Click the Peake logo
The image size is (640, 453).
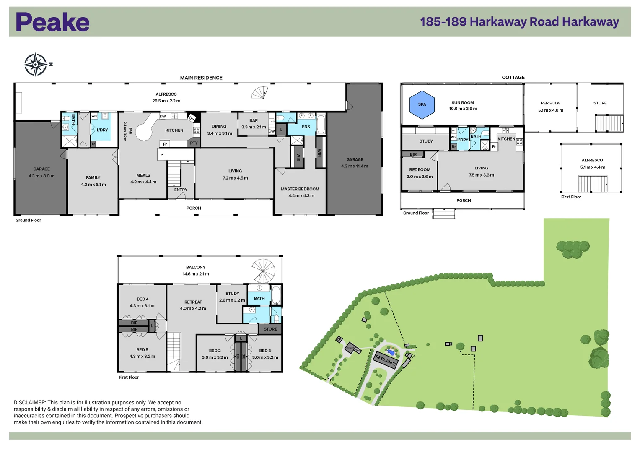click(x=52, y=22)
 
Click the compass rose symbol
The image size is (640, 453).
click(x=36, y=65)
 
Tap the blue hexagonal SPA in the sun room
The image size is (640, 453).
click(x=422, y=104)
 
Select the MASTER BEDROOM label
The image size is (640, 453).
click(x=300, y=189)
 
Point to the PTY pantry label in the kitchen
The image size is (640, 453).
click(x=194, y=143)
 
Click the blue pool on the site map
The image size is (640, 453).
click(x=391, y=351)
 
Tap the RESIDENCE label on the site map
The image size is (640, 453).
click(x=386, y=360)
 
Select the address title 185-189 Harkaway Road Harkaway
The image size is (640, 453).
click(x=519, y=22)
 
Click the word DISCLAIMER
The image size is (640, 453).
click(x=29, y=402)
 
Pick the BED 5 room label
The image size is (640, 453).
click(x=142, y=350)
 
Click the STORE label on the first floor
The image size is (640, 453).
click(x=270, y=329)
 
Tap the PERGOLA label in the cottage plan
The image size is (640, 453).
click(x=550, y=103)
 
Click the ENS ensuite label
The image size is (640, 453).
click(x=306, y=127)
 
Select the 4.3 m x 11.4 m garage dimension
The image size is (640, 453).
click(x=355, y=166)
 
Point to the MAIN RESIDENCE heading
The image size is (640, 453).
click(x=201, y=78)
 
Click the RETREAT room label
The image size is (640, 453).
click(x=193, y=302)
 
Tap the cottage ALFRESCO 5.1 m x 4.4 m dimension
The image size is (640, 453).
click(x=593, y=167)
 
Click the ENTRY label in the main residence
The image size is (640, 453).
click(x=181, y=190)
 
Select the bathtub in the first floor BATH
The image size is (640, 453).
click(x=276, y=295)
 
